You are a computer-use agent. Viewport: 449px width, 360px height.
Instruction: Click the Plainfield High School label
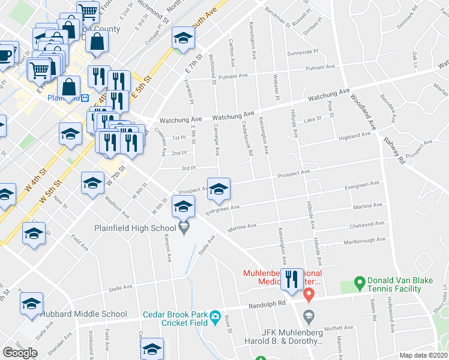134,228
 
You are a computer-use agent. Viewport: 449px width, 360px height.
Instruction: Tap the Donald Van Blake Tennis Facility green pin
360,281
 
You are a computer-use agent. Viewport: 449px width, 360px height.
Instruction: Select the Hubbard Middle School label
83,314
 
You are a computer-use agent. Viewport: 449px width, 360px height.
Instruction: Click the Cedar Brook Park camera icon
214,316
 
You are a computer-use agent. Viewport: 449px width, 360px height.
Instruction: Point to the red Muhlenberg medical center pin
309,295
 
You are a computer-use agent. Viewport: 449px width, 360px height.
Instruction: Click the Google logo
20,353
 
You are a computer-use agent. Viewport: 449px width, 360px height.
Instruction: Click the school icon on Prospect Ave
218,189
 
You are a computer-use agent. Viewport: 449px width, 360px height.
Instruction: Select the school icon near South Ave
182,38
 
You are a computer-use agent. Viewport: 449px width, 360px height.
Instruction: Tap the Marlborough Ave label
364,240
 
